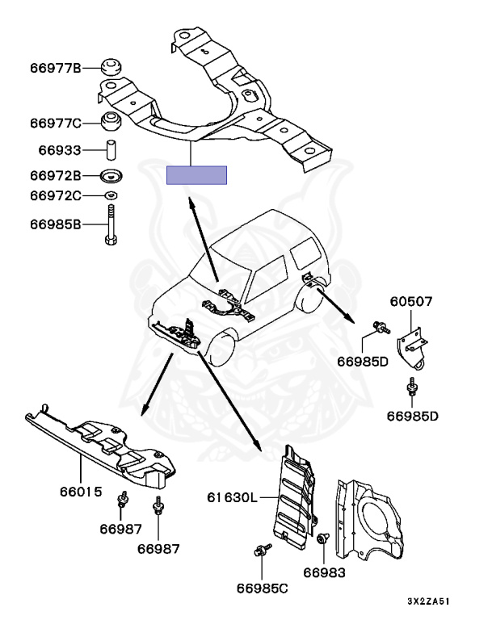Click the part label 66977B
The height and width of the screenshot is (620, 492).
[x=56, y=69]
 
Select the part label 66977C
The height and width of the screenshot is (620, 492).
[x=56, y=124]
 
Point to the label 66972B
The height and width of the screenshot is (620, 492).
[x=56, y=175]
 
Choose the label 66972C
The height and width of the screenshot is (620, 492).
[x=56, y=196]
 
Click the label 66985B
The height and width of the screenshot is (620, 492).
[x=56, y=224]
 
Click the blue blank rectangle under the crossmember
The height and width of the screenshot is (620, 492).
[x=196, y=175]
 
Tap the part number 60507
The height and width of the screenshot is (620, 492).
[x=412, y=302]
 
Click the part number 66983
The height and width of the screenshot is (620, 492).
[x=324, y=572]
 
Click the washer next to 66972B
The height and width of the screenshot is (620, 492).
[x=111, y=175]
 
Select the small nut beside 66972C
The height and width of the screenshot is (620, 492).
[x=111, y=196]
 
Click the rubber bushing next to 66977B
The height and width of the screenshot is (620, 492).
[x=110, y=68]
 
